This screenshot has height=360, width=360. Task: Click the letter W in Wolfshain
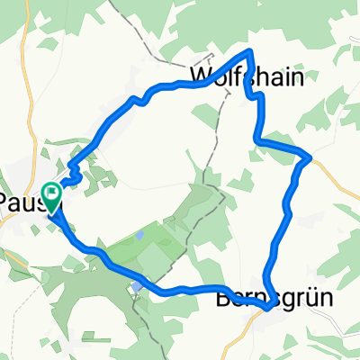[x=201, y=76]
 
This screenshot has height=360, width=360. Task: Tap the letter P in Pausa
[x=6, y=197]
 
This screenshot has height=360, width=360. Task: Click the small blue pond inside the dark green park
[x=141, y=237]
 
